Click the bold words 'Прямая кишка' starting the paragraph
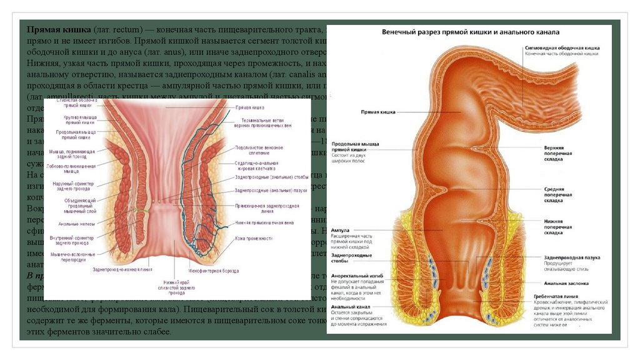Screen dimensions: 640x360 pyautogui.click(x=59, y=30)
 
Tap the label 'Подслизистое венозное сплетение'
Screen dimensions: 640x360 pyautogui.click(x=259, y=150)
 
